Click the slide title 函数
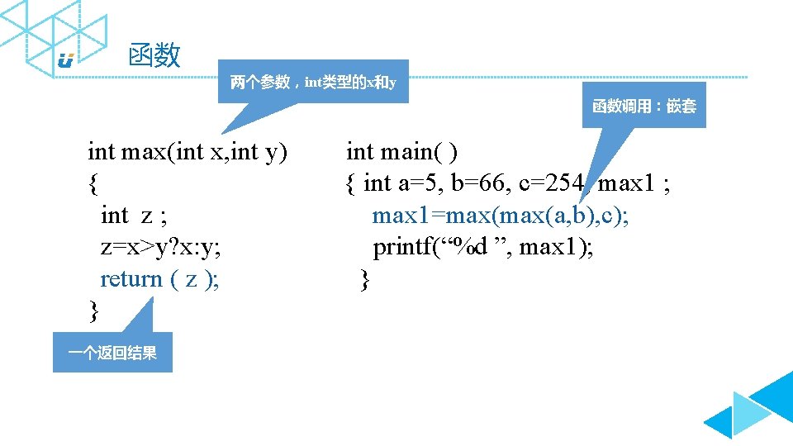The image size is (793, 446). coord(154,55)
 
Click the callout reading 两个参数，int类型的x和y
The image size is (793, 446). coord(313,82)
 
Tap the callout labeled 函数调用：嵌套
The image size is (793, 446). coord(644,106)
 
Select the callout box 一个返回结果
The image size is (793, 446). coord(112,353)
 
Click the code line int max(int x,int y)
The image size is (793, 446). coord(188,152)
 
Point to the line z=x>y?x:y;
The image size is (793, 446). coord(159,247)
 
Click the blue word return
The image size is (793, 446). coord(131,279)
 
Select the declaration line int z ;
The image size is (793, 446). coord(134,216)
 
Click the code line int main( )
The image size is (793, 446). coord(402,152)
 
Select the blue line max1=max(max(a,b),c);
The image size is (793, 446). coord(500,216)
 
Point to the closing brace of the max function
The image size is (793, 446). coord(93,311)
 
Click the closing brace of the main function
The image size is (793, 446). coord(365,280)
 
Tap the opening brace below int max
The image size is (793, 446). coord(93,183)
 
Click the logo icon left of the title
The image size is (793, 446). coord(66,60)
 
